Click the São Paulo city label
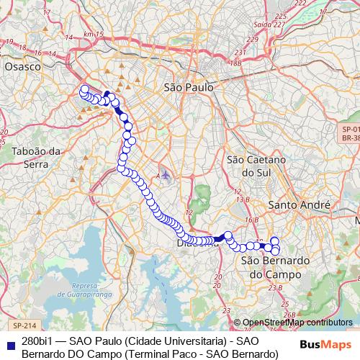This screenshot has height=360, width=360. click(189, 86)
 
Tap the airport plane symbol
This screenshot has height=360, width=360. click(166, 175)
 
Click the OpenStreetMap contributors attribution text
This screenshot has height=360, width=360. click(297, 323)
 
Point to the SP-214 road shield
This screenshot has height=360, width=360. click(24, 325)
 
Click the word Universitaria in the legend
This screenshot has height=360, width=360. click(189, 341)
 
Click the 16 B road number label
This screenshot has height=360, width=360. click(251, 220)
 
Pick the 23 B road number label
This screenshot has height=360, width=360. click(275, 288)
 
